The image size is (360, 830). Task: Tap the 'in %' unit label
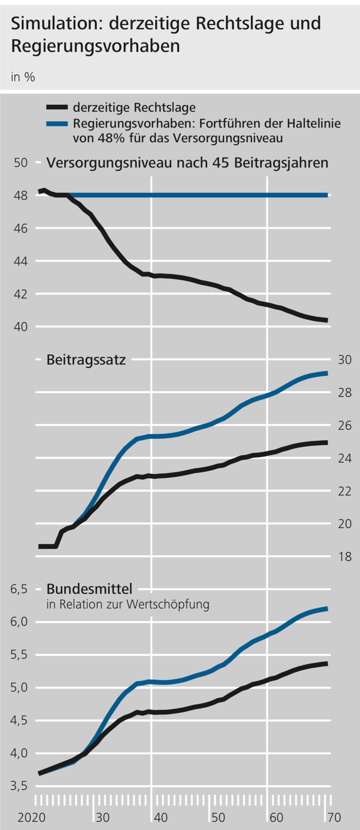[x=23, y=77]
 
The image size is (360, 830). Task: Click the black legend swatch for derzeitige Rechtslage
[x=57, y=107]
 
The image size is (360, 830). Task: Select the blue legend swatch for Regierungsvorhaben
[x=57, y=124]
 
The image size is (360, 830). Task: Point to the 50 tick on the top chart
[x=21, y=163]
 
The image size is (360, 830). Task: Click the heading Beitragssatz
[x=86, y=360]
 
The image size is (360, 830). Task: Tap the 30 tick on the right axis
[x=345, y=360]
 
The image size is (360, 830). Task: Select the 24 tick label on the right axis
[x=345, y=459]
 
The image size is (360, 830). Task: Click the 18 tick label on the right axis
[x=345, y=557]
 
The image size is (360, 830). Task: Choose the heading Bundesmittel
[x=89, y=589]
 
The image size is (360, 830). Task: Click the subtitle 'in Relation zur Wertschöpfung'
[x=128, y=604]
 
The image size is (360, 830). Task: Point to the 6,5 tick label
[x=19, y=589]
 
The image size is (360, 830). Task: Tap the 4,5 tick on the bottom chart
[x=19, y=720]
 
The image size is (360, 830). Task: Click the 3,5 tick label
[x=19, y=786]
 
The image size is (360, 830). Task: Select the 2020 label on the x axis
[x=32, y=817]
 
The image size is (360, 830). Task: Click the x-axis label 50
[x=218, y=817]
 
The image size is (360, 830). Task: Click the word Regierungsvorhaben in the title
[x=96, y=46]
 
